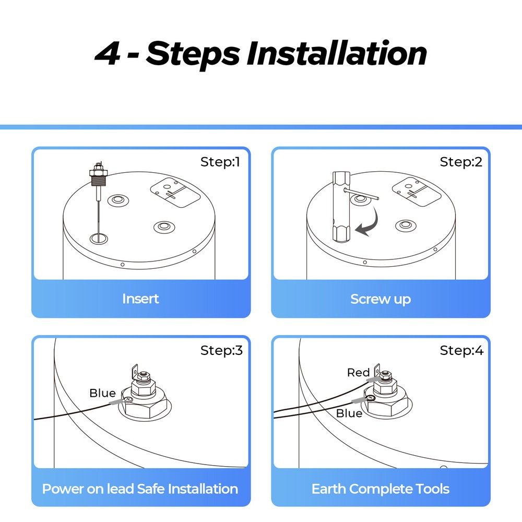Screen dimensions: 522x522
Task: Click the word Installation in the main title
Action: pos(337,53)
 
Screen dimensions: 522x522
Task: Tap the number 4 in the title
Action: pos(107,54)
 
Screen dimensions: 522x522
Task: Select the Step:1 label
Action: pos(220,162)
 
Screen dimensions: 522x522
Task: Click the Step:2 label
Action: pos(461,162)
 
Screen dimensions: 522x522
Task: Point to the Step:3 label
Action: pos(221,351)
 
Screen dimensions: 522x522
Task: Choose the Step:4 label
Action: pos(461,351)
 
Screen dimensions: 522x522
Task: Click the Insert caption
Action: pos(140,299)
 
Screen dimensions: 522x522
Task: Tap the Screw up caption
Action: pos(381,299)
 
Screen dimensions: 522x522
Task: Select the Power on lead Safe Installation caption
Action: pos(140,489)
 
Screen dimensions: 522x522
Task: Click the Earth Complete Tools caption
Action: pos(381,489)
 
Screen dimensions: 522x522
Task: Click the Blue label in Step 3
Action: pos(102,393)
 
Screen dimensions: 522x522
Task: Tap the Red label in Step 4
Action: pos(358,373)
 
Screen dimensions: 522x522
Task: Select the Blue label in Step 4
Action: pos(349,413)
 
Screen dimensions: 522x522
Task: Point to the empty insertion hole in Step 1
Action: pos(99,239)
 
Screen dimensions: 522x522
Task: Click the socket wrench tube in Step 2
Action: pos(341,207)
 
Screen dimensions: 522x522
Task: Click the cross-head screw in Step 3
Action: pos(128,399)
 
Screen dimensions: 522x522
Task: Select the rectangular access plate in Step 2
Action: pos(417,192)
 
